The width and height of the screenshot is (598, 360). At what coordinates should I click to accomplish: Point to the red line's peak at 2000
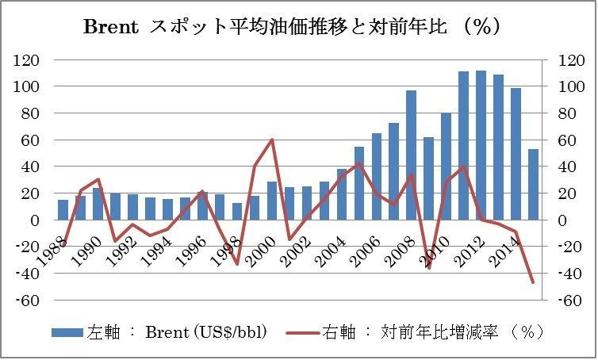click(272, 140)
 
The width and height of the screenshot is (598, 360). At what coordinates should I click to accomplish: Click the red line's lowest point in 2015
click(533, 281)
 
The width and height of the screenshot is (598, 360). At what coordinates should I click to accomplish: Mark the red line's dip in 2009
click(429, 267)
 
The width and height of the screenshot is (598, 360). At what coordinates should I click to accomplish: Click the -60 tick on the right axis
click(573, 301)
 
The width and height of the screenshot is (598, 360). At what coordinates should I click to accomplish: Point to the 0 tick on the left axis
click(35, 220)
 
